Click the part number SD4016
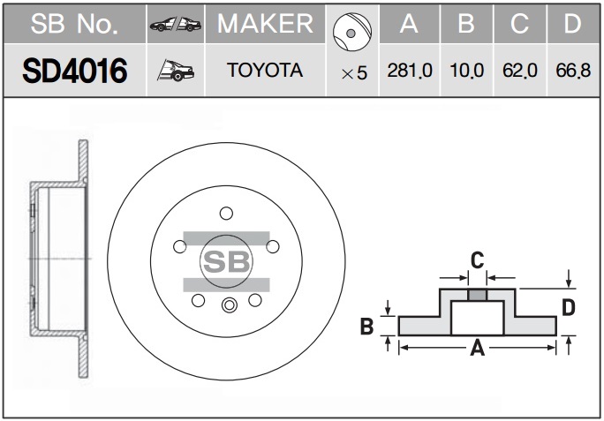(74, 71)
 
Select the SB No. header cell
(74, 24)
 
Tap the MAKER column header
(265, 24)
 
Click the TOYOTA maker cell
(265, 71)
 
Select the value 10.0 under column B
(466, 71)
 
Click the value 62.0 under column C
(520, 71)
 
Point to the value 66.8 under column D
(573, 71)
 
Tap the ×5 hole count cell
(353, 72)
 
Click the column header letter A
(409, 24)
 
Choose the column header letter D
(573, 24)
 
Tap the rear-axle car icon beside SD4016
(176, 71)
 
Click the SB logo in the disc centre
(226, 261)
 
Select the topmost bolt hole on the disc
(226, 213)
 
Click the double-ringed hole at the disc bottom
(230, 305)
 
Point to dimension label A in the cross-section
(478, 349)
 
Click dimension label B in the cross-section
(367, 327)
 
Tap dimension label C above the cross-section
(477, 260)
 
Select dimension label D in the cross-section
(569, 307)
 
